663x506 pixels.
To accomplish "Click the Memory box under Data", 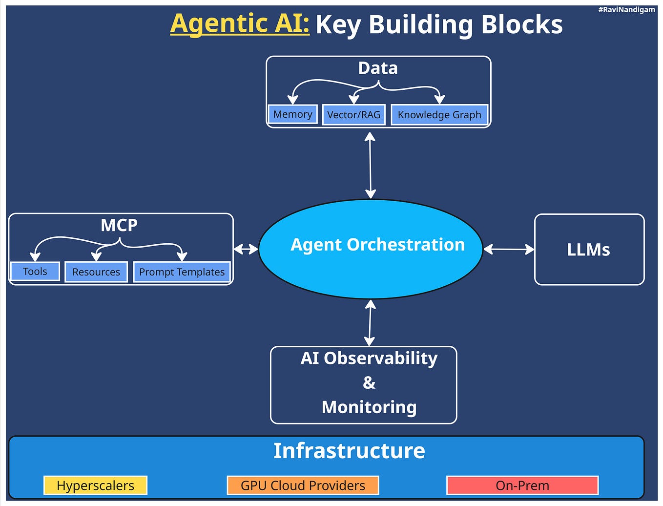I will (x=292, y=114).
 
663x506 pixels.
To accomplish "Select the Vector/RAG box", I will (x=353, y=115).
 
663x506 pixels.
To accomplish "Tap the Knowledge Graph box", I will (x=439, y=115).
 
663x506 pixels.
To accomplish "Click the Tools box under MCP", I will (x=35, y=272).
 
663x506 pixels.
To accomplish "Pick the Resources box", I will (x=96, y=272).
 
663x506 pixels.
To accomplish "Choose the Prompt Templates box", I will (x=182, y=272).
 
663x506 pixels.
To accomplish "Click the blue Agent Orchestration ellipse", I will (x=371, y=249).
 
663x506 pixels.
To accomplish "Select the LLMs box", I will (x=589, y=250).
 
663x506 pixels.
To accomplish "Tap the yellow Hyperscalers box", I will (x=95, y=485).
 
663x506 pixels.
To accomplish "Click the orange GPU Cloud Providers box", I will (x=303, y=485).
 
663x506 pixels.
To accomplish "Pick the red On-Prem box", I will (x=522, y=485).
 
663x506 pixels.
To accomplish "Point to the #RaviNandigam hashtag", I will (x=626, y=9).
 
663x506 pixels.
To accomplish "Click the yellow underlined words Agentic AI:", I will (x=240, y=23).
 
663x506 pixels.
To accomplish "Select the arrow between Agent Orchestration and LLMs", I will (x=509, y=249).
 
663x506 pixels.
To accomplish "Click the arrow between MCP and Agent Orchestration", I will (x=246, y=249).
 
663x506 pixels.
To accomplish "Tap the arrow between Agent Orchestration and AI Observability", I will (x=370, y=323).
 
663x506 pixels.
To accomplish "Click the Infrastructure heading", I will (x=349, y=450).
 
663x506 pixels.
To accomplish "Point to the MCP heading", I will (x=119, y=225).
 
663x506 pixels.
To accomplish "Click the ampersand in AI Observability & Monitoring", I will (x=369, y=382).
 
